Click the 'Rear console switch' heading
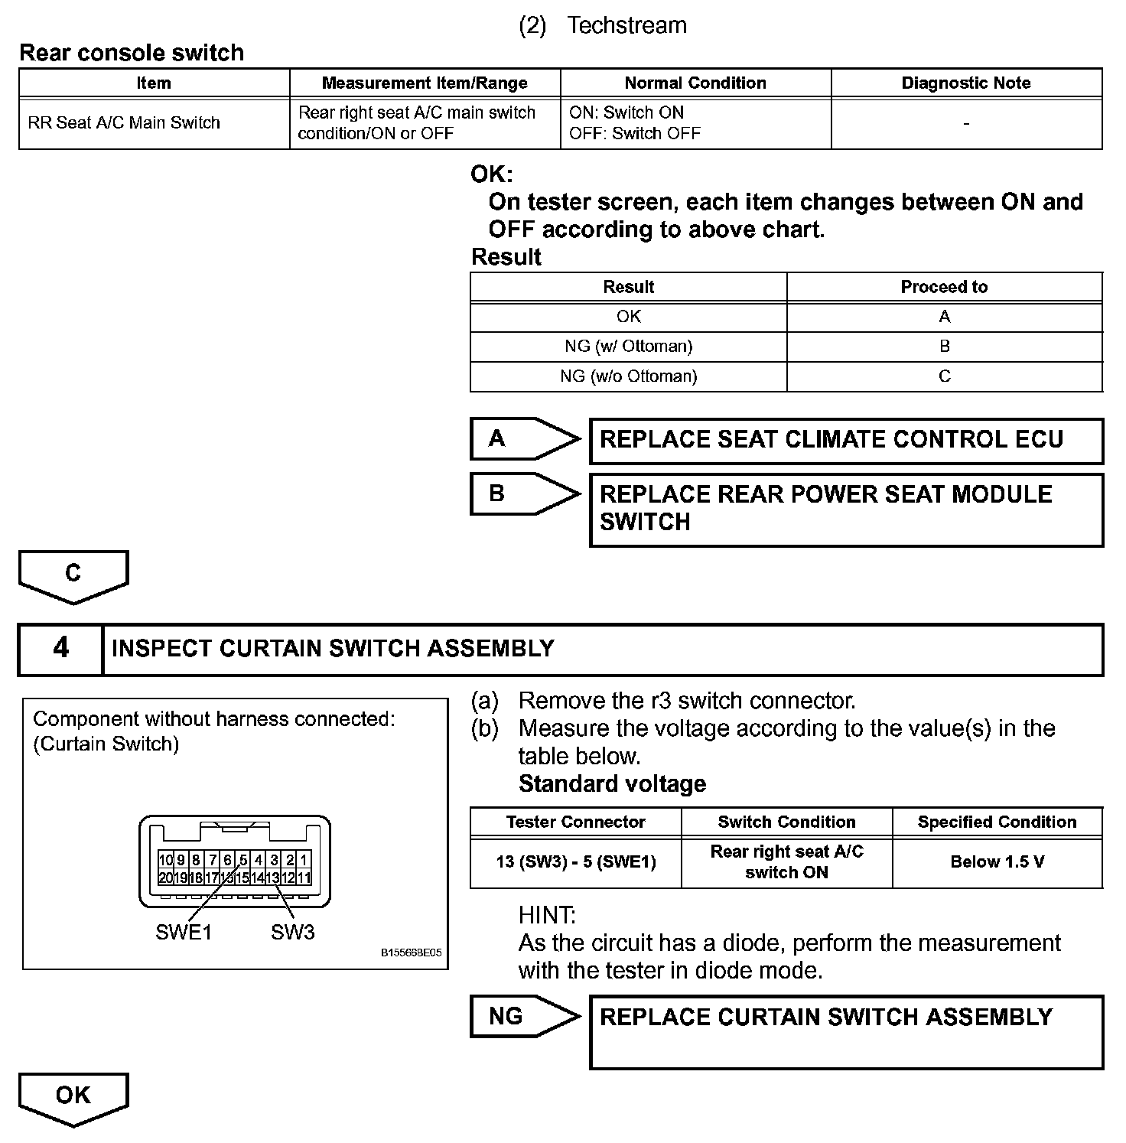click(x=132, y=53)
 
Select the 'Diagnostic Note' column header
click(x=966, y=83)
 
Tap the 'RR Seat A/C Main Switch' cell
click(x=124, y=122)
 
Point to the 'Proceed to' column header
click(x=944, y=287)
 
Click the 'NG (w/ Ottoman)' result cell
click(x=628, y=346)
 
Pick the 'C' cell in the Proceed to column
click(x=944, y=376)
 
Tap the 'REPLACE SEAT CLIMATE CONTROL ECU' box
click(x=846, y=441)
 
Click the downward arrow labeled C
click(x=73, y=575)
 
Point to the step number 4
click(x=60, y=649)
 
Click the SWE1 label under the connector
click(x=184, y=932)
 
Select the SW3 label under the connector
click(x=292, y=932)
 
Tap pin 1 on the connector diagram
click(x=304, y=861)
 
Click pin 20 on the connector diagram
click(x=165, y=878)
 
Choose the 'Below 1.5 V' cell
click(x=997, y=862)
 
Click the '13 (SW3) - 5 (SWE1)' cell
click(x=575, y=862)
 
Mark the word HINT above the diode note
click(x=547, y=915)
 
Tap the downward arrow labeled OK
click(x=73, y=1098)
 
